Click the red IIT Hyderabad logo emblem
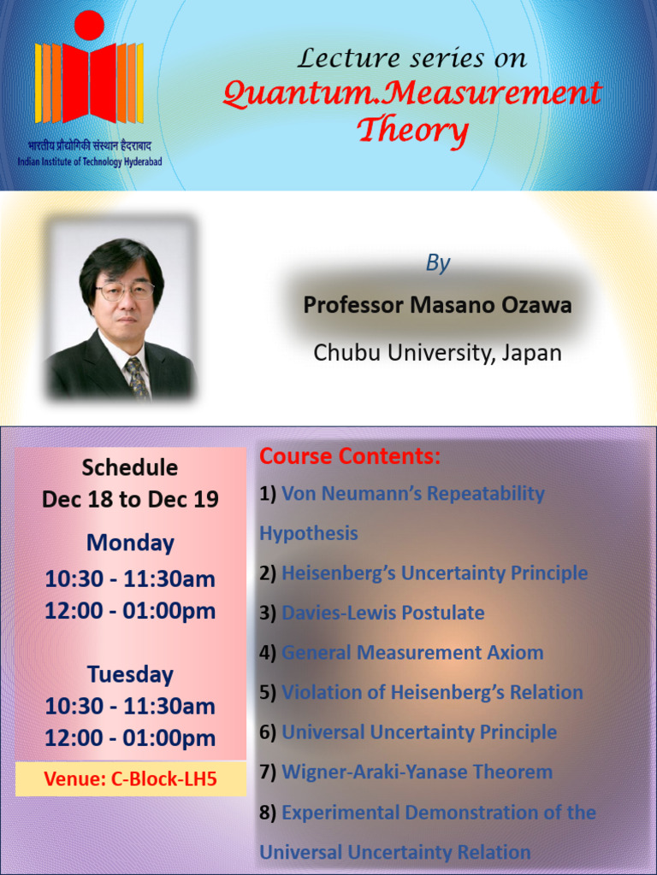[x=89, y=72]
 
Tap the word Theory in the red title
[x=411, y=131]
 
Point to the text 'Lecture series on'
[x=411, y=58]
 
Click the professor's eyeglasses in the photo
[x=124, y=291]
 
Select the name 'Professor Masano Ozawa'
[x=437, y=305]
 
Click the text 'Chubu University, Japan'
[x=437, y=352]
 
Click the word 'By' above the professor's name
[x=437, y=263]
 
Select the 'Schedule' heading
[x=130, y=467]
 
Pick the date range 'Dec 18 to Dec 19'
[x=130, y=499]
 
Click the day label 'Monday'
[x=130, y=543]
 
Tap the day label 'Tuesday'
[x=130, y=674]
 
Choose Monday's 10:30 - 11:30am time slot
[x=130, y=579]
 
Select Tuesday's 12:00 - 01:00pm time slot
[x=130, y=738]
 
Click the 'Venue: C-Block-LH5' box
[x=131, y=779]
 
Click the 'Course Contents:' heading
[x=350, y=456]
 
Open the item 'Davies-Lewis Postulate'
[x=382, y=613]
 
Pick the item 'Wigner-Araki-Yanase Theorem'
[x=417, y=772]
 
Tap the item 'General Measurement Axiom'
[x=412, y=653]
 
